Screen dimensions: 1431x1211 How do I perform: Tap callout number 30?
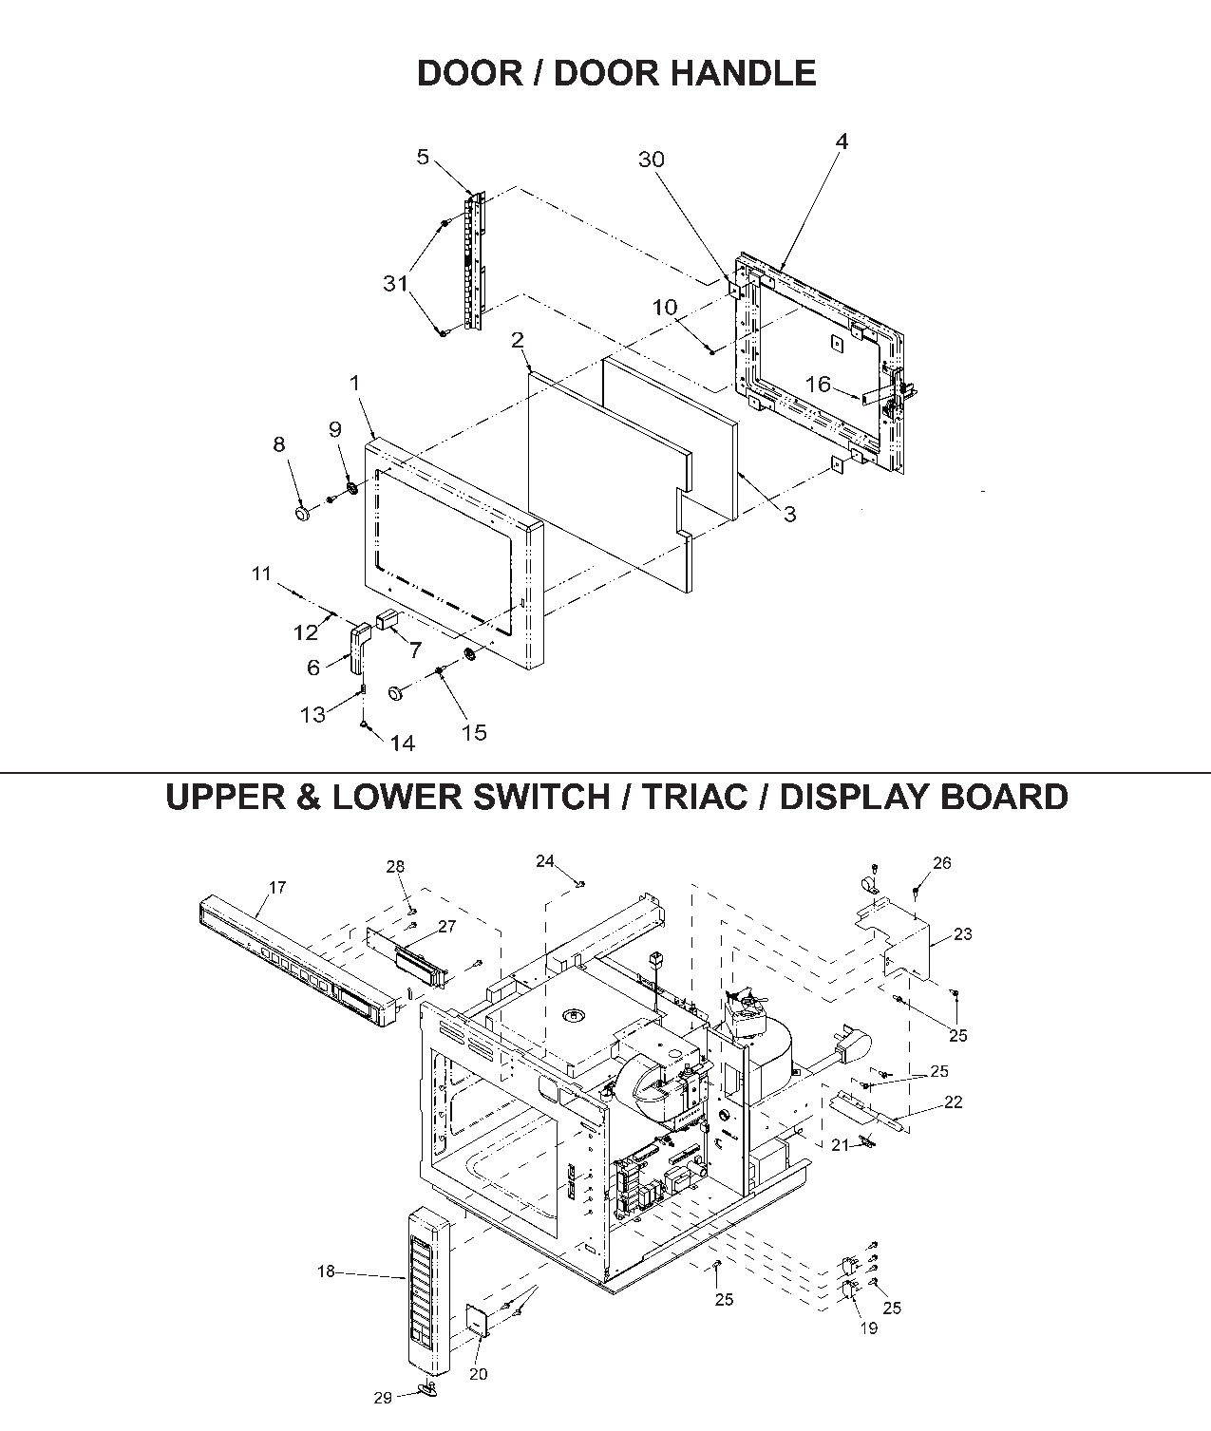(x=652, y=160)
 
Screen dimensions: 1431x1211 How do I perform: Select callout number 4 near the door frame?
(x=842, y=141)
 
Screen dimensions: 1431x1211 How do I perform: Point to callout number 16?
(x=818, y=385)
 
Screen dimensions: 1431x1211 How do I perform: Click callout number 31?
(x=395, y=283)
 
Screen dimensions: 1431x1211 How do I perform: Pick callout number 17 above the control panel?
(x=277, y=888)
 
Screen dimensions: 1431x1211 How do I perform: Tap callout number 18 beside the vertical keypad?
(x=326, y=1271)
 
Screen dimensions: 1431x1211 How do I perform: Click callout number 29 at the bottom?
(x=382, y=1398)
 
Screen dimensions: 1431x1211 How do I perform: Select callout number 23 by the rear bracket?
(x=963, y=933)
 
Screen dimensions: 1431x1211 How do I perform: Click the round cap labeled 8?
(x=303, y=514)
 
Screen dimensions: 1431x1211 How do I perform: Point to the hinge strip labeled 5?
(x=474, y=261)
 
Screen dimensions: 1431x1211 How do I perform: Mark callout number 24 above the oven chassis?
(x=544, y=861)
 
